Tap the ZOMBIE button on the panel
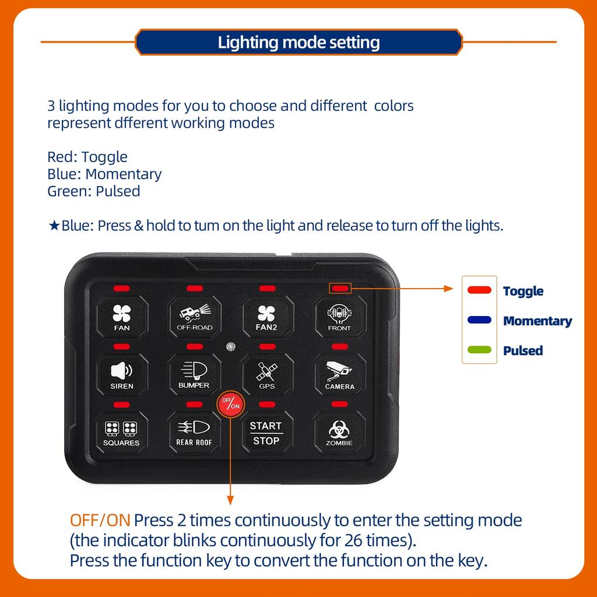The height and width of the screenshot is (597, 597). pos(339,432)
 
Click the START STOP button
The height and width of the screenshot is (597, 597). pos(266,432)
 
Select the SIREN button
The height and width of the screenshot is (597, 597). pos(122,375)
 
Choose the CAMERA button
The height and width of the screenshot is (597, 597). pos(340,375)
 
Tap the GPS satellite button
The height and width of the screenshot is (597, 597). pos(267,375)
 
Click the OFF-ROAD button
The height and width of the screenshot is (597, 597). pos(195,317)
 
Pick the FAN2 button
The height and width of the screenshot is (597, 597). pos(267,317)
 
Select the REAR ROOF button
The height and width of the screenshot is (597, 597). pos(194,432)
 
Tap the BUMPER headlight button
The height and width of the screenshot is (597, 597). pos(194,375)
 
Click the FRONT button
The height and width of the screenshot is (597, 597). pos(340,317)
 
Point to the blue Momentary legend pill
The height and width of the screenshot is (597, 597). pos(479,320)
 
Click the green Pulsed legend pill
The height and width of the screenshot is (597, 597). pos(479,350)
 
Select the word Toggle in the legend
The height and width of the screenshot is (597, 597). pos(523,292)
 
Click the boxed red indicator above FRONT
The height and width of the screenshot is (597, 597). pos(340,288)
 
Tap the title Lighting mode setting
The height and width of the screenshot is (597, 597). pos(299,42)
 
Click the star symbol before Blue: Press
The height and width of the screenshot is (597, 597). pos(54,226)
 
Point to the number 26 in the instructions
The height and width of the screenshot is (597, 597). pos(354,540)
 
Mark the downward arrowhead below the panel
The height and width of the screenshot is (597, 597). pos(230,500)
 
